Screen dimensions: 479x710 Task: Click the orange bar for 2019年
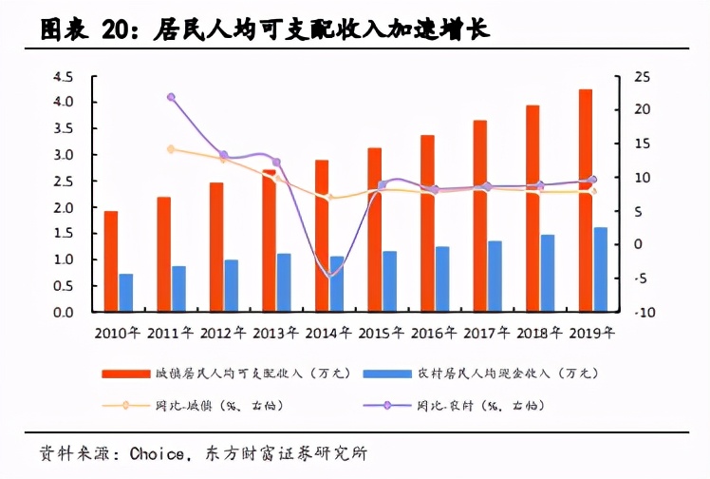(586, 201)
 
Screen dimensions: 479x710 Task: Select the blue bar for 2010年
(126, 293)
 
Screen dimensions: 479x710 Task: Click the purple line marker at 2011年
(171, 97)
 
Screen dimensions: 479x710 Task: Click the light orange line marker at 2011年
(171, 149)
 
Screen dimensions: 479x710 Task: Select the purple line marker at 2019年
(593, 180)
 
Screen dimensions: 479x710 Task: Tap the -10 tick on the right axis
(643, 312)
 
